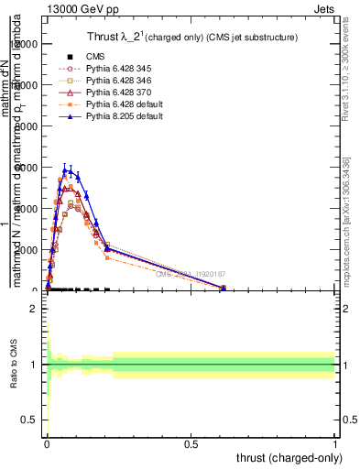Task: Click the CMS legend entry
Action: coord(95,57)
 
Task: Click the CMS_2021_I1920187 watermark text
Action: coord(191,273)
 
